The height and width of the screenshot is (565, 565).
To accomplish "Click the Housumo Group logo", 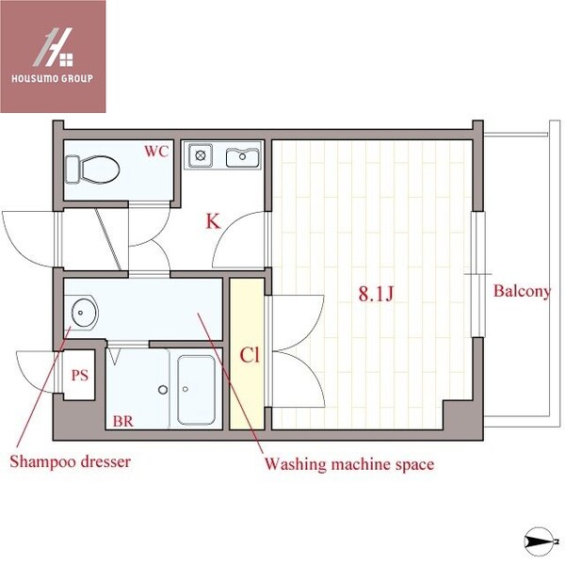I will pyautogui.click(x=53, y=56).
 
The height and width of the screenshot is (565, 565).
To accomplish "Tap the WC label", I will pyautogui.click(x=156, y=151).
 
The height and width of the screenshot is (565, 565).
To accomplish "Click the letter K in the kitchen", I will pyautogui.click(x=213, y=223).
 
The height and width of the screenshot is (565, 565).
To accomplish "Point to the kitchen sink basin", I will pyautogui.click(x=243, y=156).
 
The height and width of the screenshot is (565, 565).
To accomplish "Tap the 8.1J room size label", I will pyautogui.click(x=374, y=294).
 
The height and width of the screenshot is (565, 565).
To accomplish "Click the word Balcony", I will pyautogui.click(x=522, y=291).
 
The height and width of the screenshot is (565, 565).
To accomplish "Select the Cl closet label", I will pyautogui.click(x=249, y=356).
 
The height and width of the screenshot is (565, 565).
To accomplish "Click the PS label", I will pyautogui.click(x=80, y=375).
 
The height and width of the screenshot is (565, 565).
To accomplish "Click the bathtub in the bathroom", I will pyautogui.click(x=196, y=389).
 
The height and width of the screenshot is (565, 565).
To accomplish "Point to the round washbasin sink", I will pyautogui.click(x=84, y=310).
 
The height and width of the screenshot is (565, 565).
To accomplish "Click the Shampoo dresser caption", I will pyautogui.click(x=70, y=462).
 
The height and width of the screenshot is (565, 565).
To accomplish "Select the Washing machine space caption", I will pyautogui.click(x=348, y=464).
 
